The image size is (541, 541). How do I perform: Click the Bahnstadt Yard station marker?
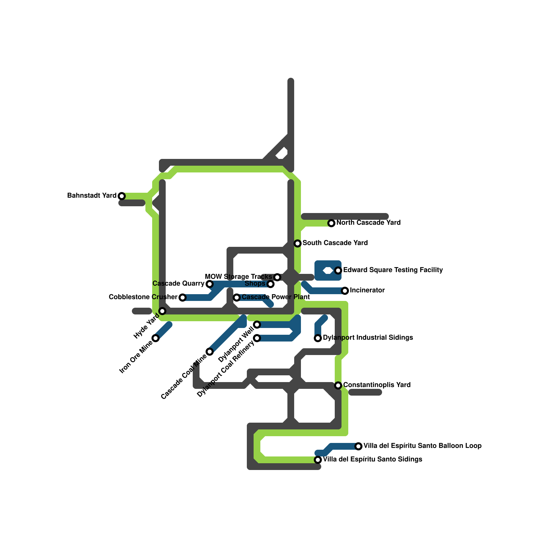(x=122, y=196)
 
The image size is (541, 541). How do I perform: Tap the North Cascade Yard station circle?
(x=331, y=223)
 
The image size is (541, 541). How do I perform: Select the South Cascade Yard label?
(x=335, y=243)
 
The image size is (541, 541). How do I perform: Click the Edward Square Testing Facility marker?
(x=338, y=270)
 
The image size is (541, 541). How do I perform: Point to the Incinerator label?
(x=367, y=290)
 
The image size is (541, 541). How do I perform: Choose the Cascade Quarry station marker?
(x=210, y=284)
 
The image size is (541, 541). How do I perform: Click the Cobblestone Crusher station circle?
(x=183, y=298)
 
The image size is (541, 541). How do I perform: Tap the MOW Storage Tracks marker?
(x=277, y=277)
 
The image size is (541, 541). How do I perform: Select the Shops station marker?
(x=270, y=284)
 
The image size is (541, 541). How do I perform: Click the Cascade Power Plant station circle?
(x=237, y=298)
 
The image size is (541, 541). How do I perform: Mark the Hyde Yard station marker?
(x=162, y=311)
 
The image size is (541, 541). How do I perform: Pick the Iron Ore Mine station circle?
(x=156, y=338)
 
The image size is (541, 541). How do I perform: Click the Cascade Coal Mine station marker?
(x=210, y=352)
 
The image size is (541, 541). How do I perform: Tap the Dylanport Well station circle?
(x=257, y=325)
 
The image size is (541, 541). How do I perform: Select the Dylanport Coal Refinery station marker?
(x=257, y=338)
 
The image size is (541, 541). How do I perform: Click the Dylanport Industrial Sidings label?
(x=368, y=337)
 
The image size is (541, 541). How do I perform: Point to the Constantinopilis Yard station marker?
(x=338, y=385)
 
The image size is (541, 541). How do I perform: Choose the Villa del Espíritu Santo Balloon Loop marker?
(x=358, y=446)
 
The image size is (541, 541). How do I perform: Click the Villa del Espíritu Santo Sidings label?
(x=373, y=459)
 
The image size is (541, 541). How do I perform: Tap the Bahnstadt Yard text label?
(x=92, y=195)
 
